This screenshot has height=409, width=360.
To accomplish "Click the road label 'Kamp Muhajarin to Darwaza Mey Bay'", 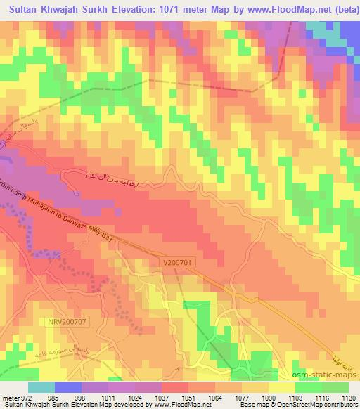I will (x=67, y=218).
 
